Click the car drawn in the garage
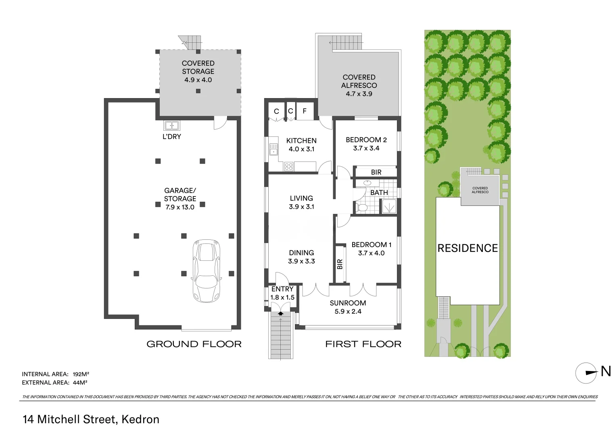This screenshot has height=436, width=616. coord(206,271)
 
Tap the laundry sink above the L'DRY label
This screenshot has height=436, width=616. coord(171,126)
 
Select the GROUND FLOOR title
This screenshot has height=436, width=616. coord(194,344)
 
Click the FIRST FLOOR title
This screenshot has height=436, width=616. coord(363,344)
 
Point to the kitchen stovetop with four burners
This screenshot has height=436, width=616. coord(289,166)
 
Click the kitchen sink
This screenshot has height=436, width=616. coord(274,149)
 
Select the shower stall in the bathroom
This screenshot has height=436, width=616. coord(389,206)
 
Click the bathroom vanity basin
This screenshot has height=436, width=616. coord(367,183)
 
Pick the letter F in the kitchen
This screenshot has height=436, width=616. coord(305,111)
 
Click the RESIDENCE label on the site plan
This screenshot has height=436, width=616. coord(468,248)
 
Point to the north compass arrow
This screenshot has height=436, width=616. coord(591,373)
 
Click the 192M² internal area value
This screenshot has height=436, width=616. coord(81,374)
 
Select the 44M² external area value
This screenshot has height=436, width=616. coord(80,382)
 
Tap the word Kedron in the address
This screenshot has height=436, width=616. coord(140,419)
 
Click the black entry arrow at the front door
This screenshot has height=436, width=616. coord(280,313)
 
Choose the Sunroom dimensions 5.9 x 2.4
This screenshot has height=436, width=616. coord(348,312)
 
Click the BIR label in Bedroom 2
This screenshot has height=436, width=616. coord(376,172)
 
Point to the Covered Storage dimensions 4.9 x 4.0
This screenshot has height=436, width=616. coord(198,80)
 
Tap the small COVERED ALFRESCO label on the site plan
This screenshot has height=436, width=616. coord(480,190)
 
